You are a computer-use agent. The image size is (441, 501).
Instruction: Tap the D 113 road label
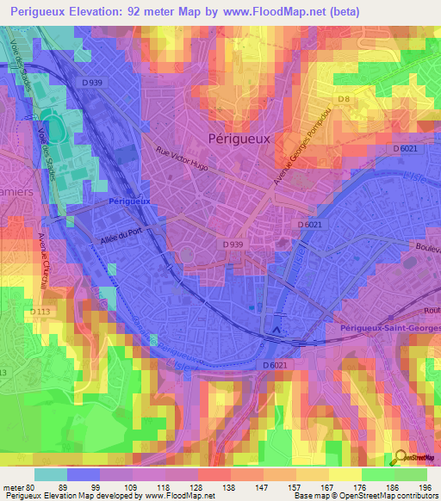click(40, 311)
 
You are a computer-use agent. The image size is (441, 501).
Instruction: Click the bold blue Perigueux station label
click(131, 201)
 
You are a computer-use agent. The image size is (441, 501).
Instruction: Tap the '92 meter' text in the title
click(165, 11)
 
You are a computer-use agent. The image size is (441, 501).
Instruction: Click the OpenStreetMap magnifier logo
click(400, 458)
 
